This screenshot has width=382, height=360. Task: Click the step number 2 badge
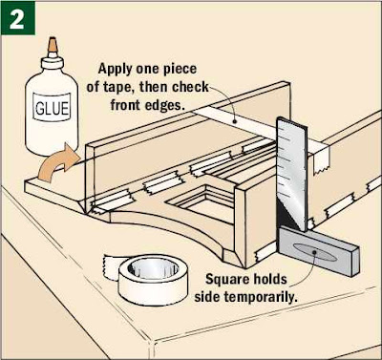(18, 18)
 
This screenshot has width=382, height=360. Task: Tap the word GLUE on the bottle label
(52, 108)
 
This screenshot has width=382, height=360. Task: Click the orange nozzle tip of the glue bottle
(53, 45)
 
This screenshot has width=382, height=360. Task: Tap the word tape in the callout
(118, 87)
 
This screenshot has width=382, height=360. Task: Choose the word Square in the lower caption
(225, 280)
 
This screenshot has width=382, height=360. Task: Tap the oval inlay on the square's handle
(314, 252)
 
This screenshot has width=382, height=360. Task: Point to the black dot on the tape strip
(235, 121)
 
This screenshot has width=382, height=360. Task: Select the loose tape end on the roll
(111, 266)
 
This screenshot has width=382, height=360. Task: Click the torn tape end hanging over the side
(321, 161)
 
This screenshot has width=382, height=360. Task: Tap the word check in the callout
(190, 87)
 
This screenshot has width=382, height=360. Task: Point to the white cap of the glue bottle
(53, 62)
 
